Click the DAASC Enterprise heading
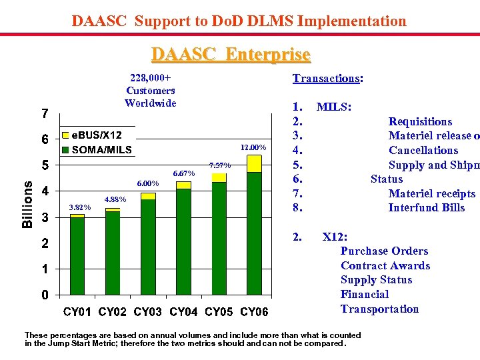pos(231,53)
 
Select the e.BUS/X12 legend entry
pos(96,135)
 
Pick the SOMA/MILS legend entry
pos(101,150)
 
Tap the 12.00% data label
pos(253,147)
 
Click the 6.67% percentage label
pos(183,174)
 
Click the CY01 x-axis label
pos(78,312)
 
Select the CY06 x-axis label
pos(254,312)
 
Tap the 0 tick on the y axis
pos(45,295)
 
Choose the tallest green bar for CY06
pos(254,233)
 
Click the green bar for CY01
pos(77,256)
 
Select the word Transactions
pos(326,79)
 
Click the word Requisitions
pos(420,122)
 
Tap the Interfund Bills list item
pos(427,208)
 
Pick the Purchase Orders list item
pos(384,251)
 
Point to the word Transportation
pos(379,309)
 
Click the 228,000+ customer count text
pos(150,78)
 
